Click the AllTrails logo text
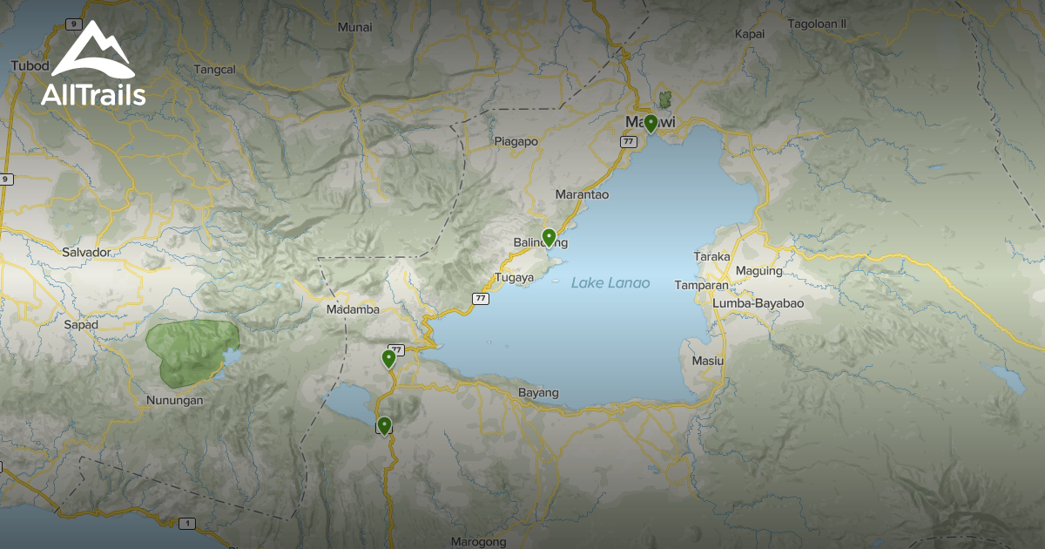[x=93, y=95]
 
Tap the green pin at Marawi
[x=651, y=123]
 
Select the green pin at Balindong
[x=549, y=236]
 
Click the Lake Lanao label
[x=610, y=283]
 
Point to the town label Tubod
[x=29, y=66]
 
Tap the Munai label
[x=354, y=27]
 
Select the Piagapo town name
[x=516, y=141]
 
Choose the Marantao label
[x=582, y=194]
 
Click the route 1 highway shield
[x=186, y=524]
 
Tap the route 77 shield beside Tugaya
[x=480, y=298]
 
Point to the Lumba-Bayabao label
[x=758, y=302]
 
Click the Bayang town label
[x=538, y=393]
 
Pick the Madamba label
[x=353, y=309]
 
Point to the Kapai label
[x=749, y=34]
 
